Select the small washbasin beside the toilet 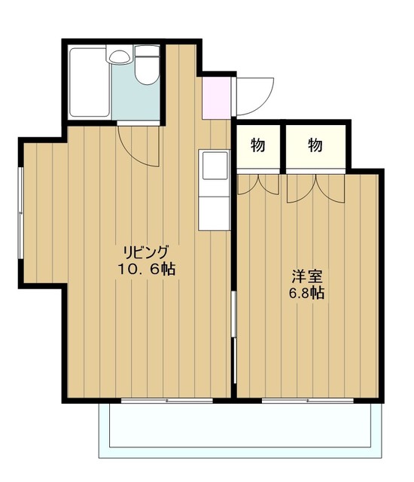[119, 56]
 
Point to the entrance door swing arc [251, 94]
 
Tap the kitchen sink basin [213, 165]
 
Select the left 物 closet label [257, 146]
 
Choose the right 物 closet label [315, 146]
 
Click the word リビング [147, 252]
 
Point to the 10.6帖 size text [147, 269]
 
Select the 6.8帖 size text [306, 294]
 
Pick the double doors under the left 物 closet [258, 184]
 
